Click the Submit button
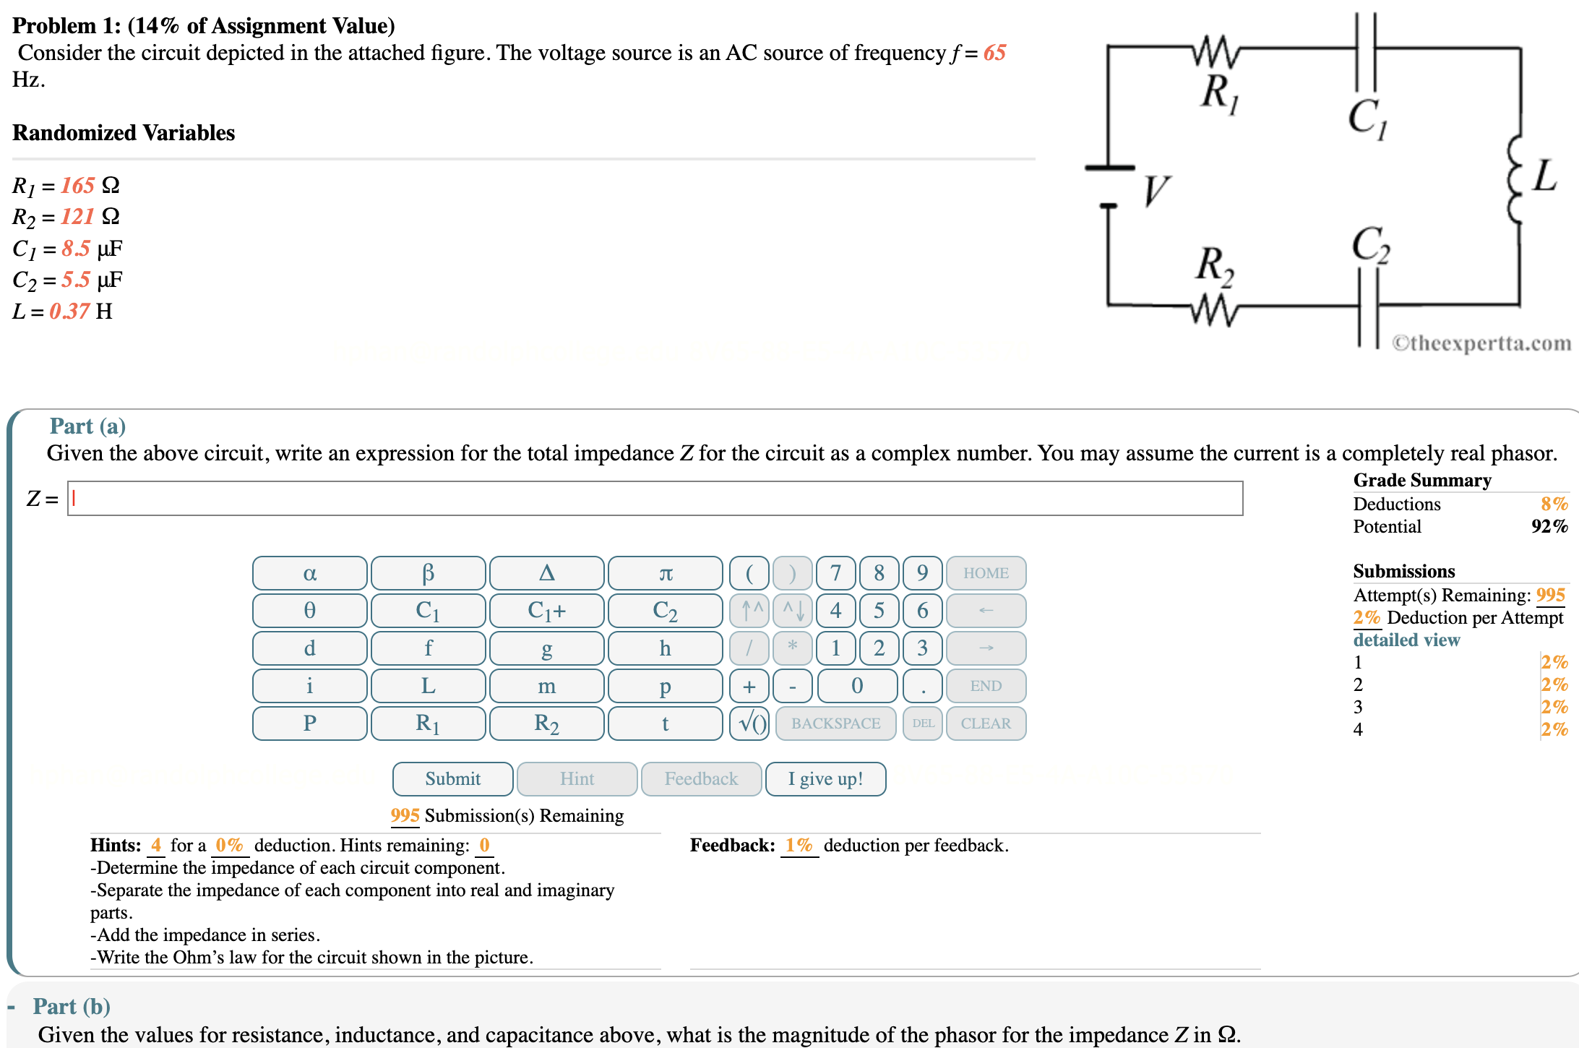coord(452,778)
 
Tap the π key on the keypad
coord(665,573)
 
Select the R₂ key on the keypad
coord(546,723)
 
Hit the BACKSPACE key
coord(835,723)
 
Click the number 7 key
coord(835,573)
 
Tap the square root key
coord(749,723)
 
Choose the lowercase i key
coord(309,685)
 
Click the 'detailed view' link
coord(1406,640)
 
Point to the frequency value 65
coord(994,53)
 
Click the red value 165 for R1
coord(77,186)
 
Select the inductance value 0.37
coord(69,312)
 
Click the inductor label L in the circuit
coord(1544,176)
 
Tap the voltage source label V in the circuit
coord(1155,191)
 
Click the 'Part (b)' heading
coord(72,1006)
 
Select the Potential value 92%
coord(1549,526)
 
